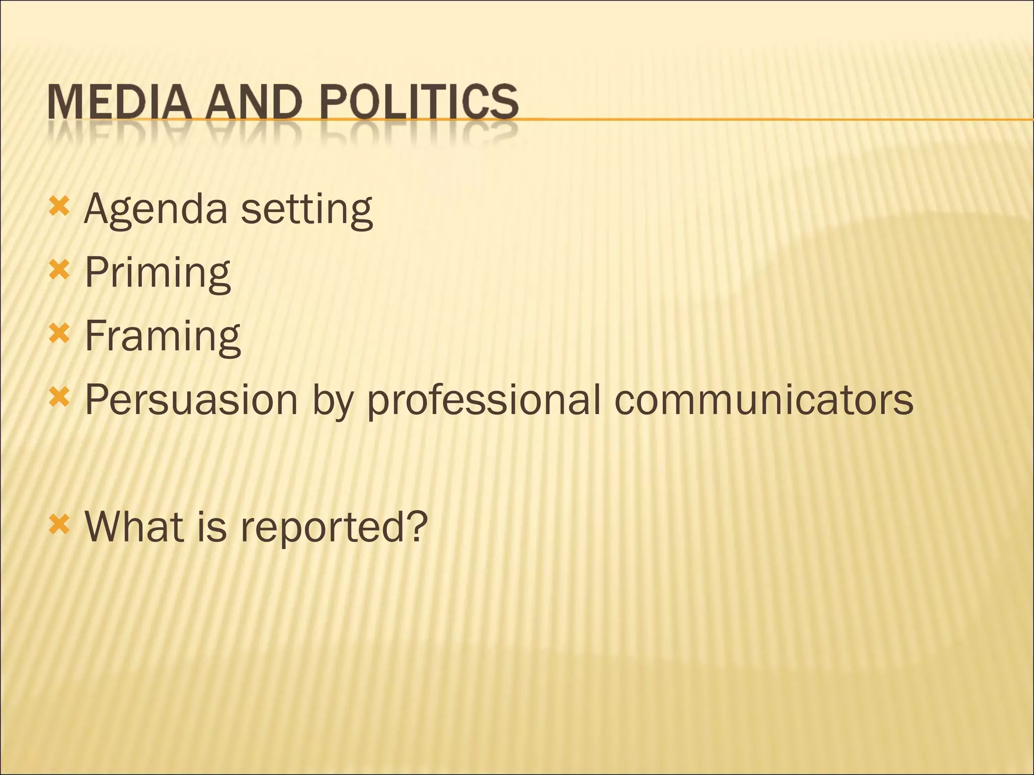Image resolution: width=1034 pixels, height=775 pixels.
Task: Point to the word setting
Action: (x=306, y=210)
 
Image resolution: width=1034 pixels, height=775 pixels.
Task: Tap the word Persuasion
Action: (x=191, y=400)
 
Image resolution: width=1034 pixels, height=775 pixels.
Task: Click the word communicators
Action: (x=763, y=400)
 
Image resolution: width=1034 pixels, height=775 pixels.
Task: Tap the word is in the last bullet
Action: (x=212, y=526)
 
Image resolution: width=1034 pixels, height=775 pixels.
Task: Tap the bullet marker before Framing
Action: (x=59, y=334)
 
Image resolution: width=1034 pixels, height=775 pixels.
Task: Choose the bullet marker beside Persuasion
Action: (x=59, y=398)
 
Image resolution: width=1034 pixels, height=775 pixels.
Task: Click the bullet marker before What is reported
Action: (x=59, y=524)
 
